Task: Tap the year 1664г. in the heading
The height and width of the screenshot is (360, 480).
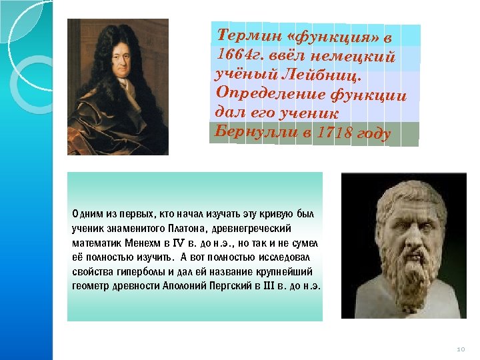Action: coord(233,53)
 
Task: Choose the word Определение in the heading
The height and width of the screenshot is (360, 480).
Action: coord(267,91)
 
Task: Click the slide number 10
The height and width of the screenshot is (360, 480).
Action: coord(459,349)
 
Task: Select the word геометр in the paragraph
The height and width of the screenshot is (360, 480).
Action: coord(90,287)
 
